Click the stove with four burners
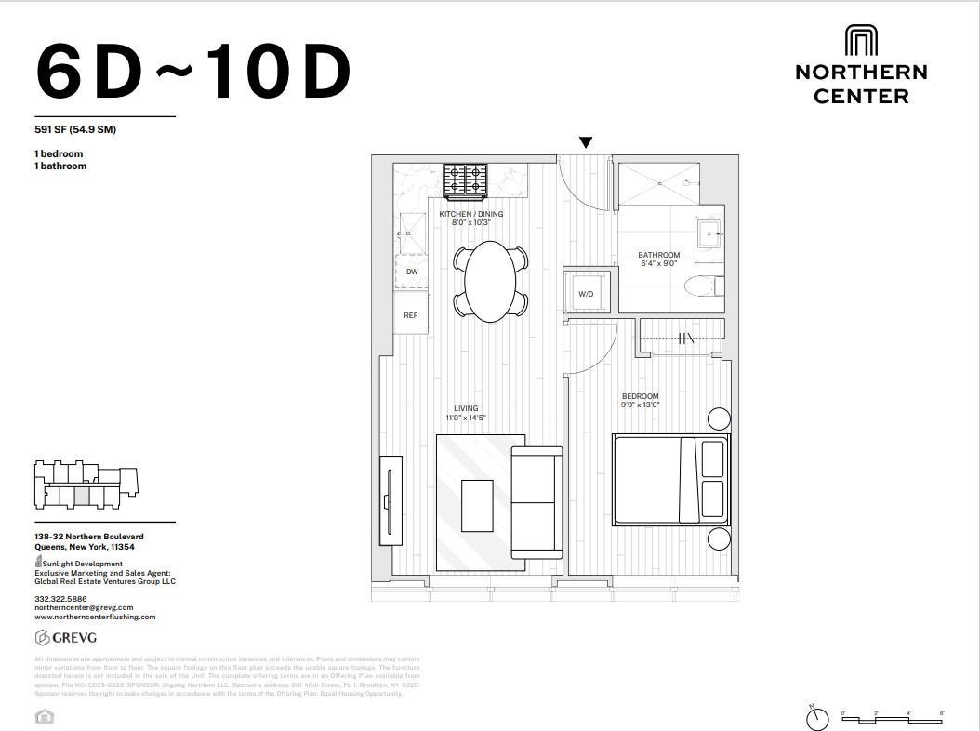465,180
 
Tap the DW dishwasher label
411,272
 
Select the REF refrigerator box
411,315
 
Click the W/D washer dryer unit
586,293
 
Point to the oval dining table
491,281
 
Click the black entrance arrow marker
586,142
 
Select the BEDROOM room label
640,396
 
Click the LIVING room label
466,408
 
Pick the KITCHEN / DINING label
471,214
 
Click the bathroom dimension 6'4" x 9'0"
658,263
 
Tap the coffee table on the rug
477,505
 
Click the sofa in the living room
537,502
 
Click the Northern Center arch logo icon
861,41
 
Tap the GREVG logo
66,637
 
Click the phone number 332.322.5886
61,598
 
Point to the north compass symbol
816,718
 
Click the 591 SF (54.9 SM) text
75,129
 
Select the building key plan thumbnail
86,485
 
